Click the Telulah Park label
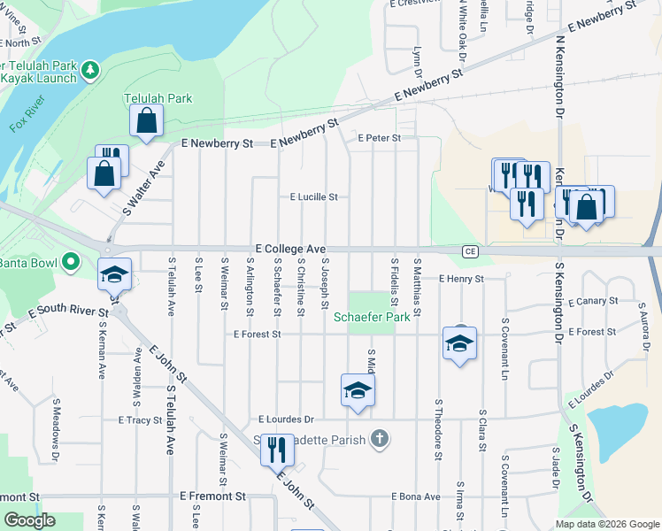coord(158,99)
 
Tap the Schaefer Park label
coord(372,316)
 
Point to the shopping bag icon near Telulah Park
coord(147,121)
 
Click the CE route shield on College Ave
coord(471,251)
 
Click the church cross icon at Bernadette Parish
coord(380,440)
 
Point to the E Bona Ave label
coord(415,496)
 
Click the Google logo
coord(30,520)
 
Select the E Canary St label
coord(593,301)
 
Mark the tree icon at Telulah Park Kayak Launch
coord(89,69)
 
